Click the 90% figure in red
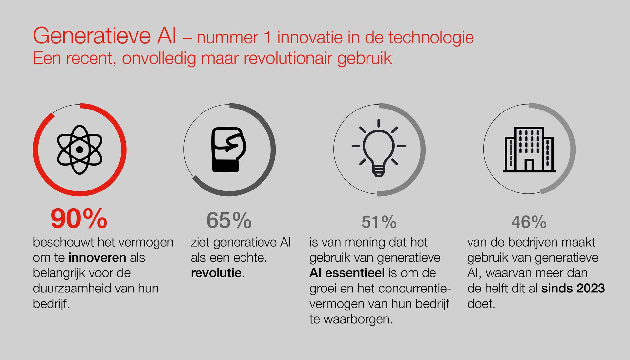tap(79, 219)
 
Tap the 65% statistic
tap(229, 220)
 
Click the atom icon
tap(79, 150)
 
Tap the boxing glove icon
tap(229, 150)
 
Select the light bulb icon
tap(378, 148)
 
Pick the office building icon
tap(529, 150)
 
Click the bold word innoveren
tap(97, 258)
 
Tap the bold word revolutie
tap(216, 273)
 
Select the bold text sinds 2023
tap(573, 289)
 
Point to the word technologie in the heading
tap(431, 38)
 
